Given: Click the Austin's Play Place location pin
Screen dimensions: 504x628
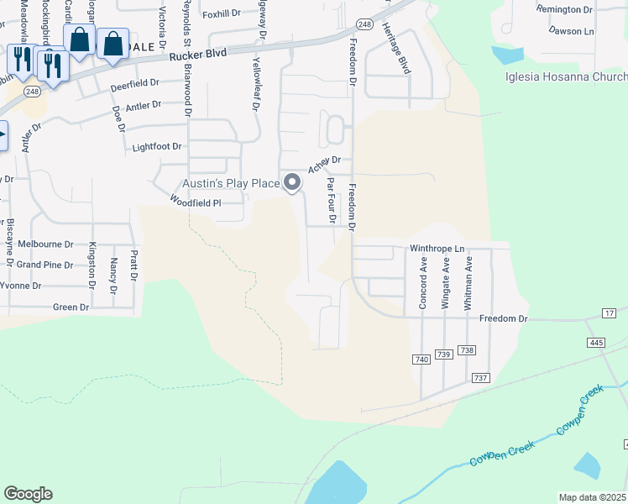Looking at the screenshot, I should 292,181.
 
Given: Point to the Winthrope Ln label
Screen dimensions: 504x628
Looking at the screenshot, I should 437,249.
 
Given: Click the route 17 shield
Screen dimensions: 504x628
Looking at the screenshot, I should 610,313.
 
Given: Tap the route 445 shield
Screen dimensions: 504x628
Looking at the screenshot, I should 597,343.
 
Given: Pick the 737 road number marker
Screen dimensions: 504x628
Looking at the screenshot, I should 481,379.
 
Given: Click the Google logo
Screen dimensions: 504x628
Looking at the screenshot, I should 28,494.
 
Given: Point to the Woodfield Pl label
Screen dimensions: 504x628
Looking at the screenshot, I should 195,202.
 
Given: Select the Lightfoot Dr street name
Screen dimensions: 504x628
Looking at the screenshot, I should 157,147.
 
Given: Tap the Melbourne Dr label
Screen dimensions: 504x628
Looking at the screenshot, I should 46,244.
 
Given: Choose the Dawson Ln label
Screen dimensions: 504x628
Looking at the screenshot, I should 571,30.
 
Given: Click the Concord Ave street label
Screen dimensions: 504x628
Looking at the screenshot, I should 424,288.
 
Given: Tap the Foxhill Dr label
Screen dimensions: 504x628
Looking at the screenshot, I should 221,13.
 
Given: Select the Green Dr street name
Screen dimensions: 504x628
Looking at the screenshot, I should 71,307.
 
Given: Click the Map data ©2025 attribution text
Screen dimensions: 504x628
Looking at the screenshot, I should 592,497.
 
